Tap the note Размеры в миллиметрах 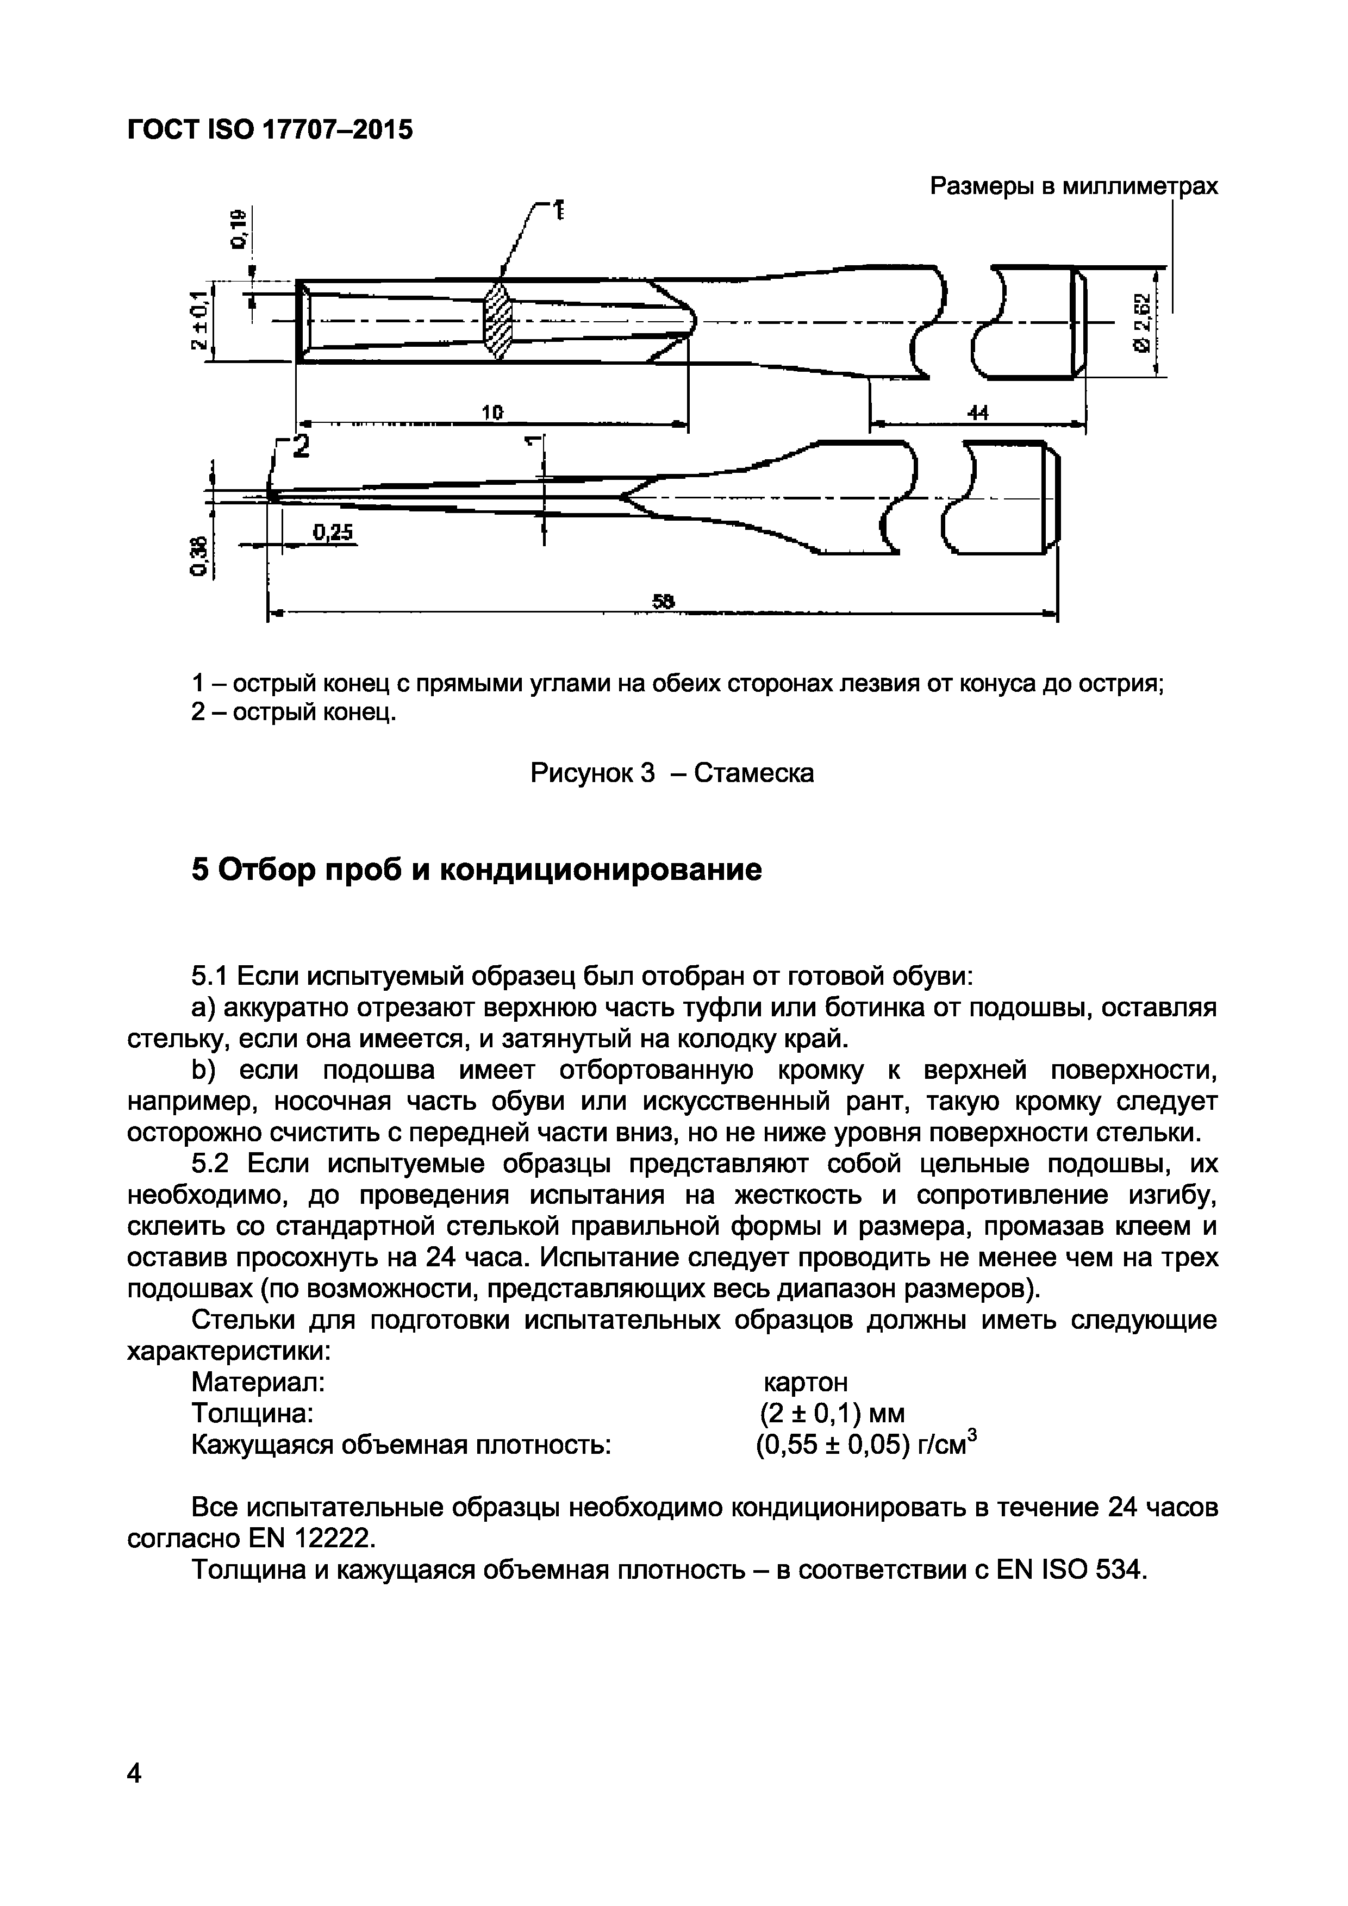point(1074,186)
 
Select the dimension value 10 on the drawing point(493,412)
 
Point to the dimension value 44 point(978,412)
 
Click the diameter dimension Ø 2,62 point(1143,322)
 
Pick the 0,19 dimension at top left point(240,229)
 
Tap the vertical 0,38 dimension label point(197,554)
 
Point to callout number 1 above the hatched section point(559,210)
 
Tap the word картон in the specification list point(805,1382)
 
